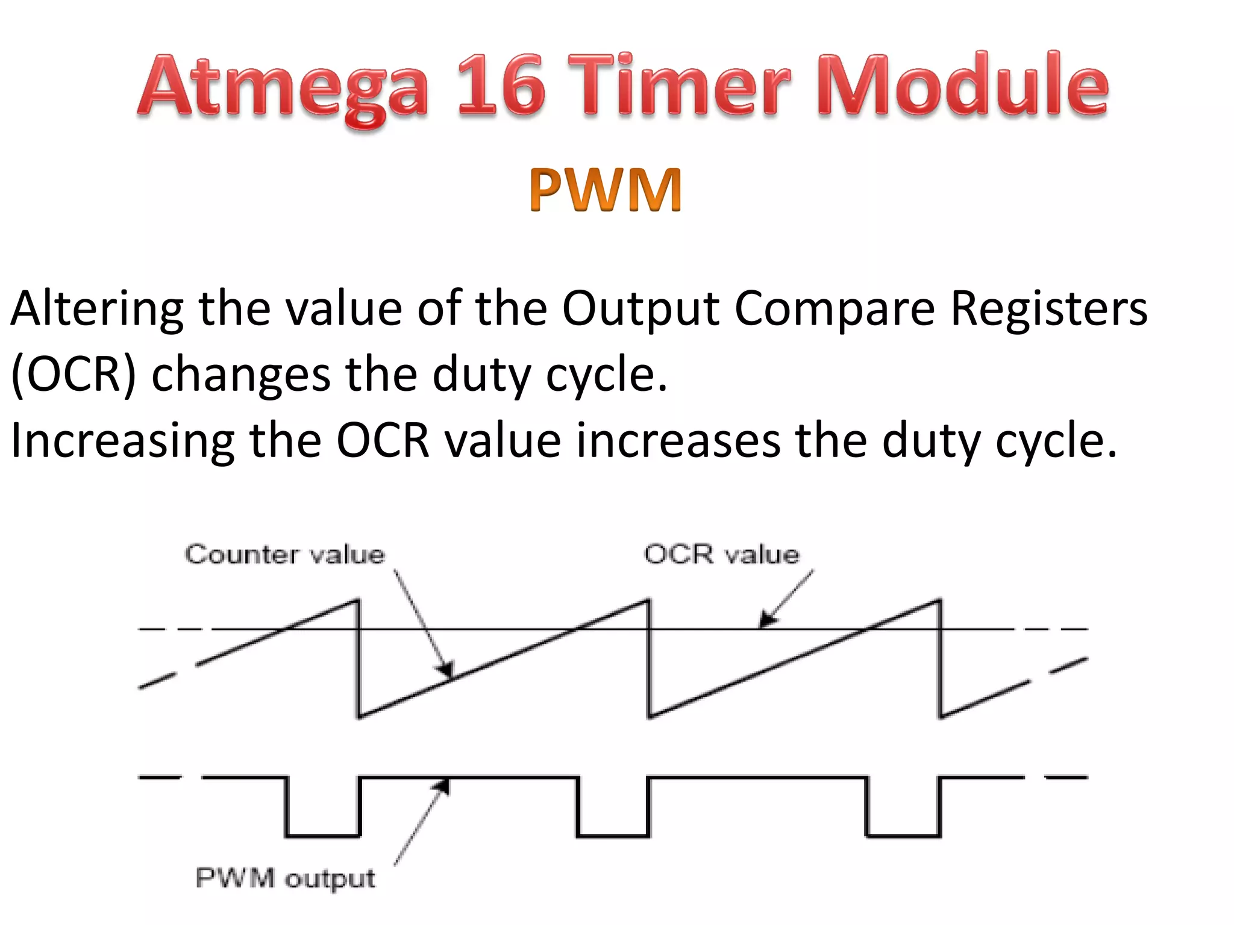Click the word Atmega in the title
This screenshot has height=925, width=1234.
(283, 87)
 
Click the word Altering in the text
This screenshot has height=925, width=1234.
(96, 308)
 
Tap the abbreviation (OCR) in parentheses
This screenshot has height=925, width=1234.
(74, 375)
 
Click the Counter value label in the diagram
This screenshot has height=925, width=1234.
(284, 554)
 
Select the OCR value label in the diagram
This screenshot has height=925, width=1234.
(721, 554)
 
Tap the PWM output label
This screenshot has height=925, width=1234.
(285, 879)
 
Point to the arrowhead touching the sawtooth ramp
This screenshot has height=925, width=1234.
(446, 670)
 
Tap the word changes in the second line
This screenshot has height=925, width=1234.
(240, 375)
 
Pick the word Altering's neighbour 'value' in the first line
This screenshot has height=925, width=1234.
(343, 308)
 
